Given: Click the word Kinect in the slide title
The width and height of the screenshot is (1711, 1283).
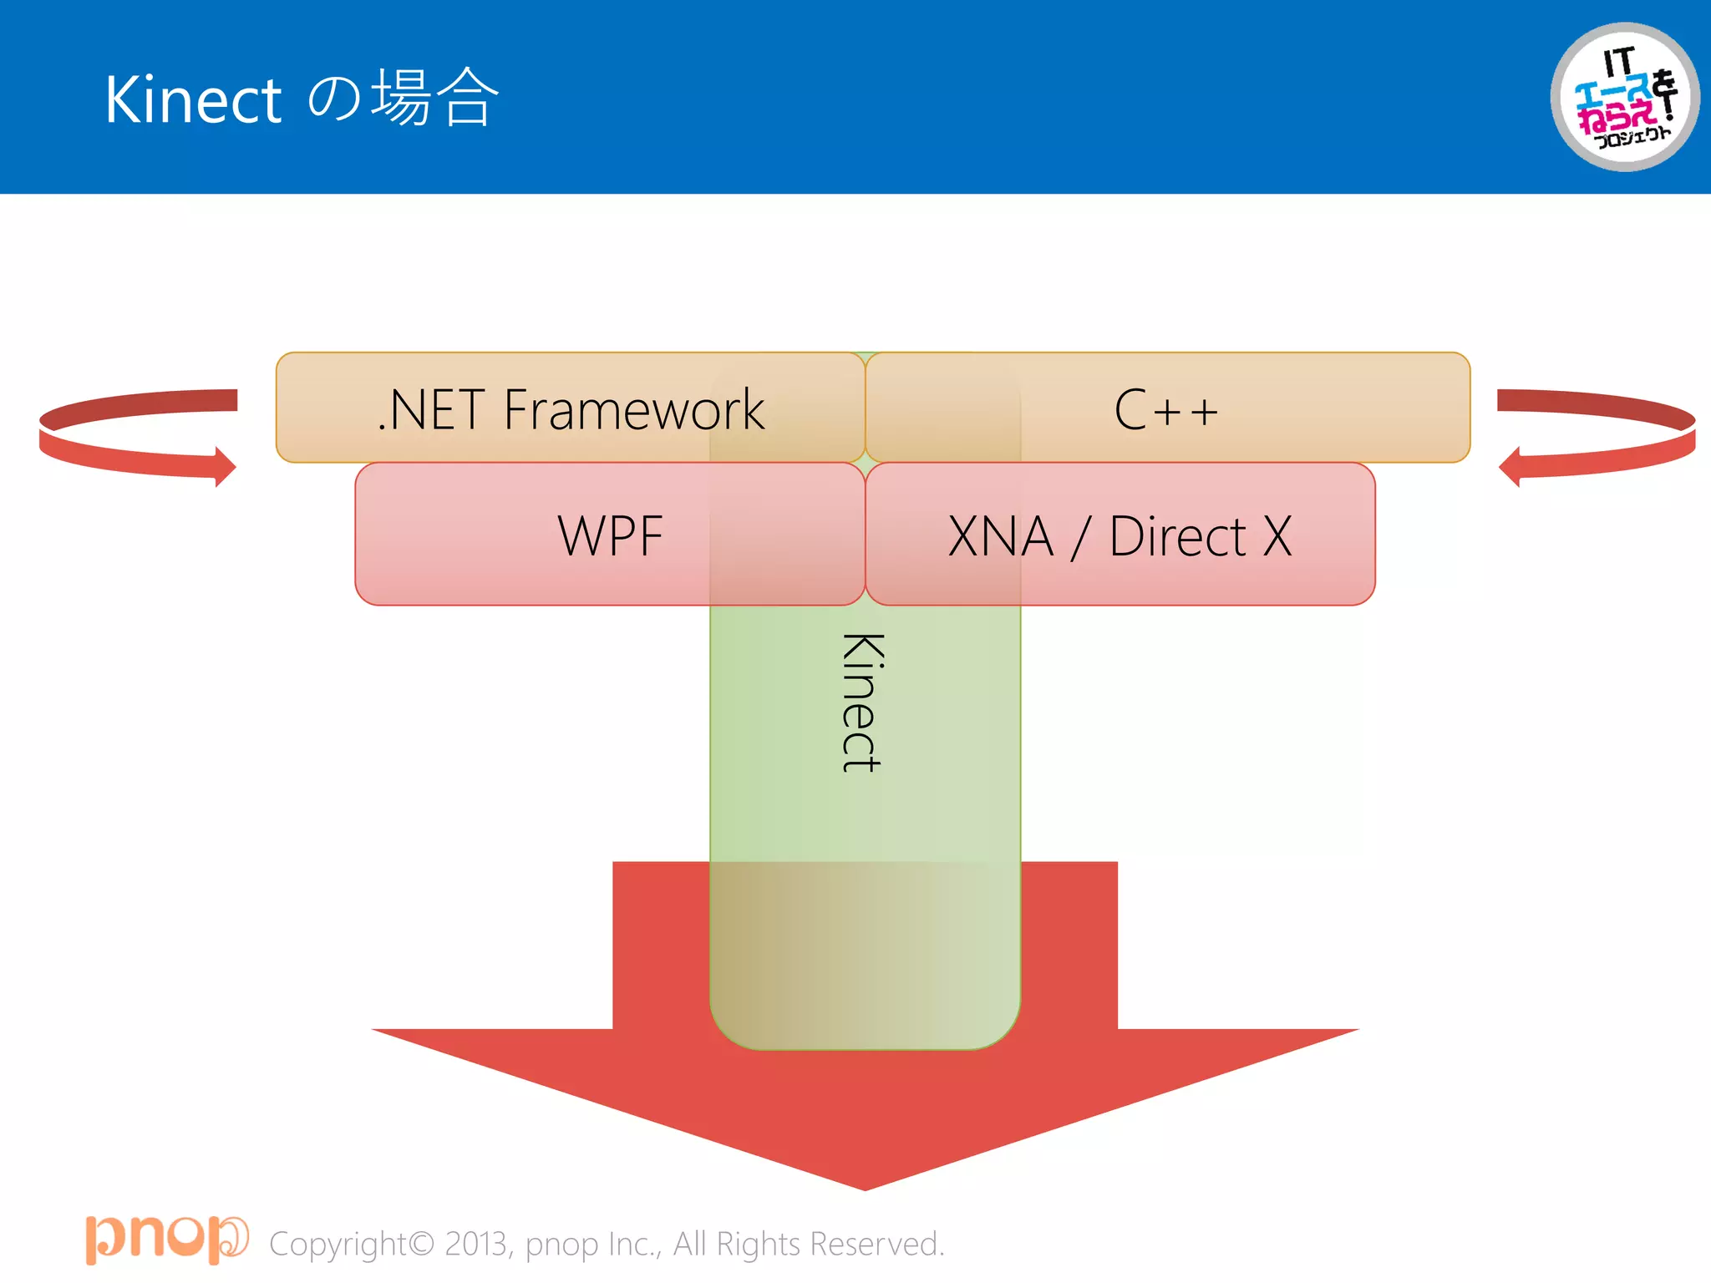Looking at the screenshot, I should [193, 99].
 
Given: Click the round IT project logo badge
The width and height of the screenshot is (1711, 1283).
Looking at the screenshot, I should [1624, 98].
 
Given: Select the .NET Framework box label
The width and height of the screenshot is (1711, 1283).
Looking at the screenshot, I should [571, 410].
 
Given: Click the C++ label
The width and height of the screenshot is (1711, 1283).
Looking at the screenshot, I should [1166, 410].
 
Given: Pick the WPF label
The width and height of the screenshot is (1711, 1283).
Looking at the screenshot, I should [610, 535].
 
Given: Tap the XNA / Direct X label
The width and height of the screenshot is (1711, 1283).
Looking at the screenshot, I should [1120, 535].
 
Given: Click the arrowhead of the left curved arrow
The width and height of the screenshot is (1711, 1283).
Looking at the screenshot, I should [224, 466].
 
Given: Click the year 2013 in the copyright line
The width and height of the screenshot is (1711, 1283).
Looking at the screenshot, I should [476, 1244].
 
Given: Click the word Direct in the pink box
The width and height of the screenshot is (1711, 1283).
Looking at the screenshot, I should [1177, 535].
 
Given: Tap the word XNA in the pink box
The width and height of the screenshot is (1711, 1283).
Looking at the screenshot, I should [1000, 535].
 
